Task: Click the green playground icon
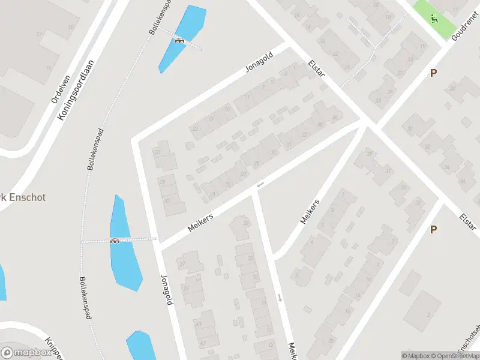coord(434,18)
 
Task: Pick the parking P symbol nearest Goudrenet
coord(433,73)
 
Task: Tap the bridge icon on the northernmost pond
coord(179,40)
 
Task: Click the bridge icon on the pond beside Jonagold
coord(115,241)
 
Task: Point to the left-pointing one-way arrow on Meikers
coord(260,185)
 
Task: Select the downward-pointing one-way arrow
coord(280,297)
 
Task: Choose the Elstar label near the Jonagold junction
coord(316,67)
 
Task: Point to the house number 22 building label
coord(246,223)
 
